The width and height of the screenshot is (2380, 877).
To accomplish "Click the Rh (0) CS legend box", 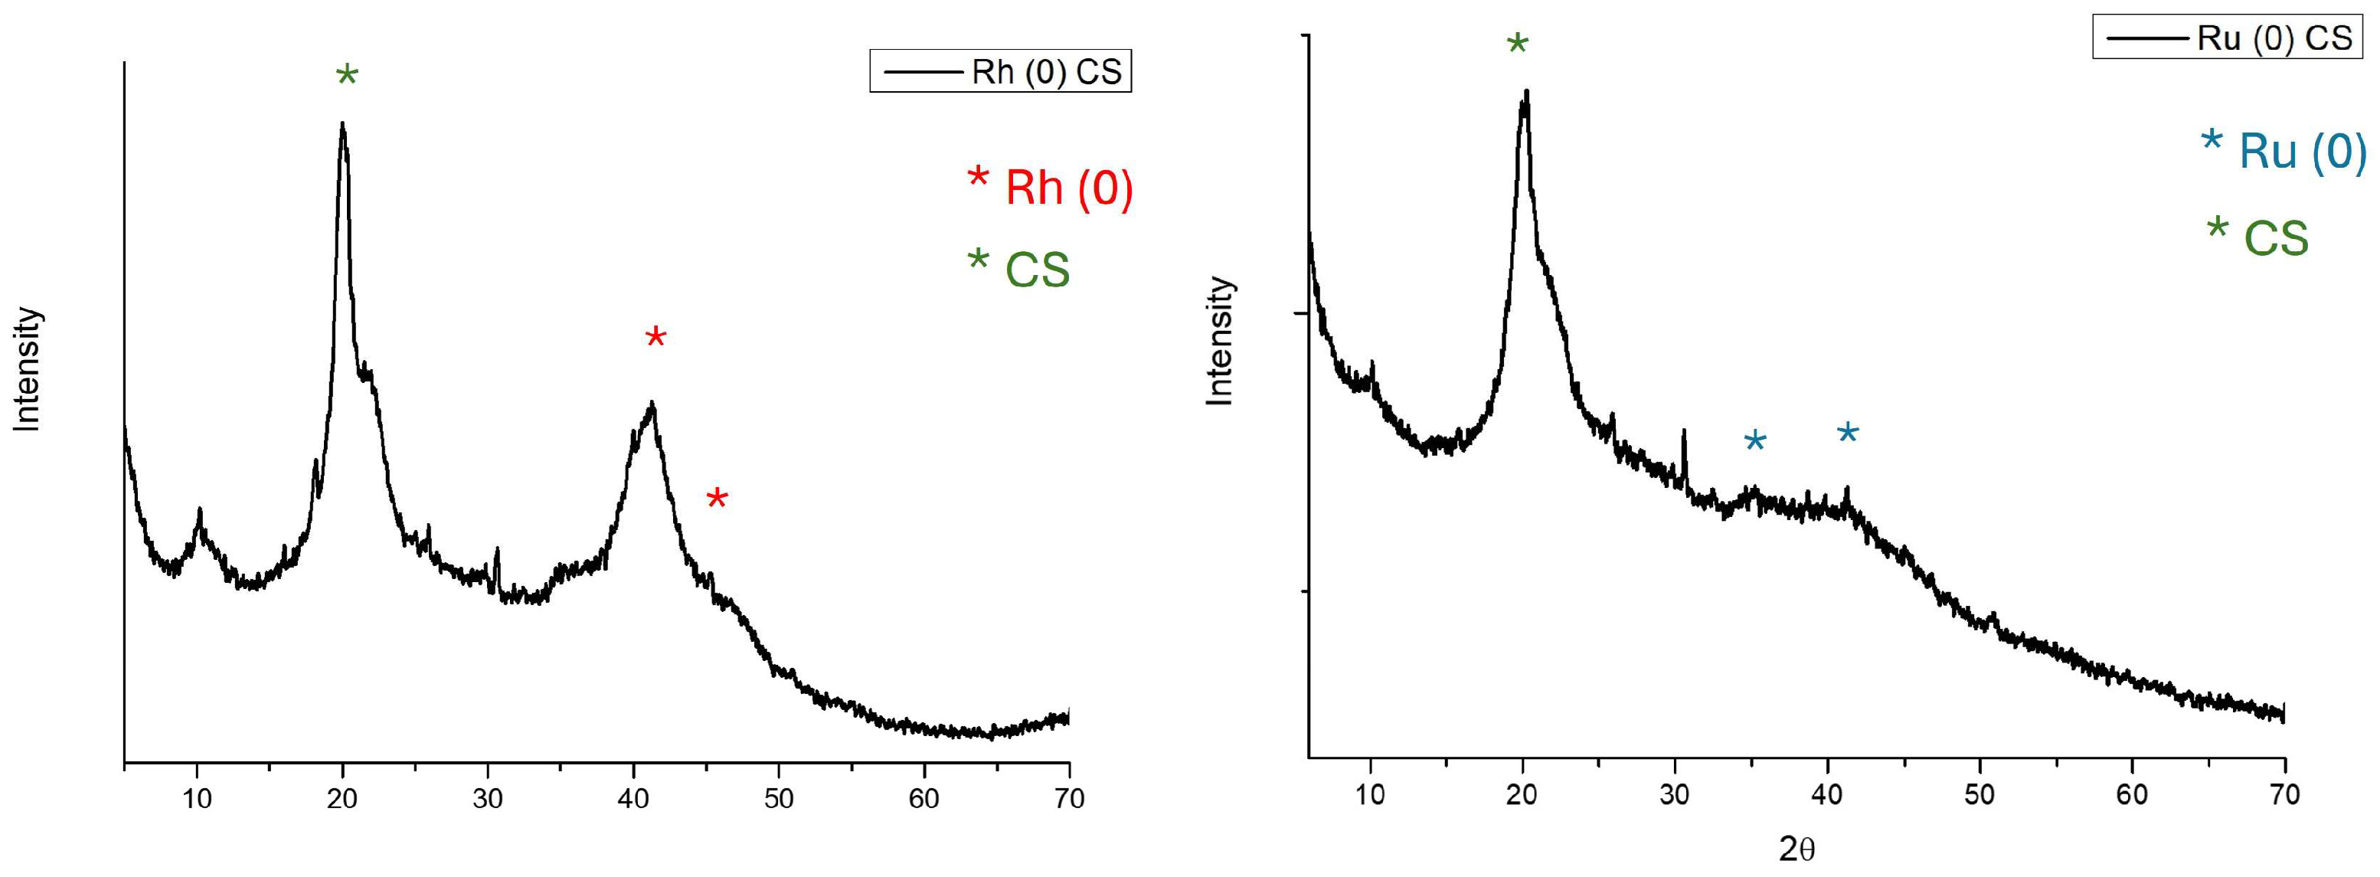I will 999,71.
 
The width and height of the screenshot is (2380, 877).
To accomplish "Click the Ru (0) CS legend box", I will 2227,38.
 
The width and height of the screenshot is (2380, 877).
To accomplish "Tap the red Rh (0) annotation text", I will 1068,188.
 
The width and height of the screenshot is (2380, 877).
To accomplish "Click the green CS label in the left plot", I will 1037,270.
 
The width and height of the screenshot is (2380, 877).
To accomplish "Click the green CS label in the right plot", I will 2276,238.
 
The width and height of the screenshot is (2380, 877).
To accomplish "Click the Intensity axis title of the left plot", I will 28,370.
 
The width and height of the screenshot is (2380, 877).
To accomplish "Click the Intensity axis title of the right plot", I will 1221,341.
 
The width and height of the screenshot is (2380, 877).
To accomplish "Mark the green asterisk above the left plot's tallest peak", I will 346,75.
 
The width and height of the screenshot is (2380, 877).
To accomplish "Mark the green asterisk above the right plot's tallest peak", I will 1517,44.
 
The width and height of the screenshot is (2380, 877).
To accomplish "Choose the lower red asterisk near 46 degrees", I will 717,500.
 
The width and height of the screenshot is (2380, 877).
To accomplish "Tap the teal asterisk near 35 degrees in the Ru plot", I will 1754,442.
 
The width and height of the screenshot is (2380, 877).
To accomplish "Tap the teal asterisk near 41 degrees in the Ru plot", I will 1847,434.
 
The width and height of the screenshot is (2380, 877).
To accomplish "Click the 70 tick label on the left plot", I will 1068,798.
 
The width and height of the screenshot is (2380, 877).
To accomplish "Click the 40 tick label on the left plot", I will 633,798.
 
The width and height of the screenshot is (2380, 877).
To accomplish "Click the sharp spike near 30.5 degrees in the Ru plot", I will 1683,443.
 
